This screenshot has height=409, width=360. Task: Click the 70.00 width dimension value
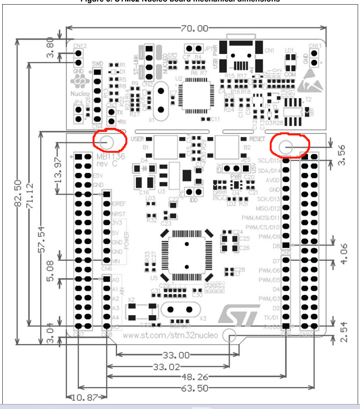(x=194, y=28)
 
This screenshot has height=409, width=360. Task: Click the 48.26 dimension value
(x=191, y=377)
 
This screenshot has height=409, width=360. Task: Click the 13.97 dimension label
(x=57, y=170)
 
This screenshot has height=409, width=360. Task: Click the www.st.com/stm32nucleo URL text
(x=170, y=335)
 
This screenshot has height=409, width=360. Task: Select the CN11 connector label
(x=315, y=46)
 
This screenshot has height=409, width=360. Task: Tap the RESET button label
(x=257, y=139)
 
